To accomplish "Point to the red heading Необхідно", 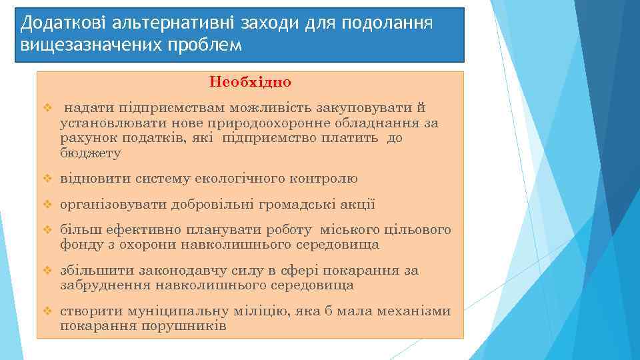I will click(250, 83).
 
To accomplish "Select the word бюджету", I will click(91, 153).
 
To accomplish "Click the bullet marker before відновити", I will click(47, 179).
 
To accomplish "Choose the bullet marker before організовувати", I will click(47, 205).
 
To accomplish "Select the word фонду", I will click(78, 245).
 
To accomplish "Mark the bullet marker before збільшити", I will click(47, 271).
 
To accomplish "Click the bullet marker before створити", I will click(47, 312).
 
